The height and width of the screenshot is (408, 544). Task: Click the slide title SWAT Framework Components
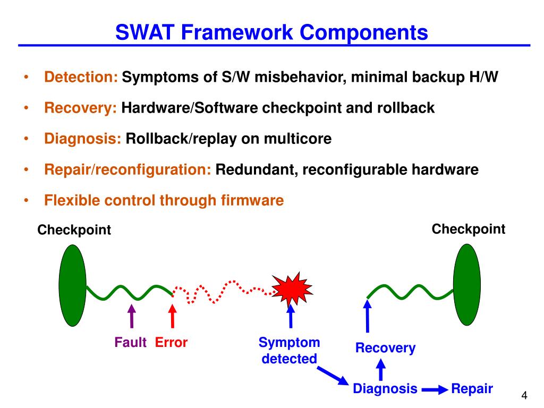pos(272,33)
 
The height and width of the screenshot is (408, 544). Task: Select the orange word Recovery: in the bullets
pos(81,108)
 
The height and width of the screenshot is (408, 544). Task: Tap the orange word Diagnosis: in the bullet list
pos(83,139)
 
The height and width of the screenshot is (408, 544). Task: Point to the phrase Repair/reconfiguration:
pos(127,170)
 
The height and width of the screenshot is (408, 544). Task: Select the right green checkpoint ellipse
pos(466,284)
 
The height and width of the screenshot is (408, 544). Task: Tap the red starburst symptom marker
pos(291,290)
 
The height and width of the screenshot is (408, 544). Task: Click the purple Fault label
pos(130,343)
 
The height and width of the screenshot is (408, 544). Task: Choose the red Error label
pos(171,343)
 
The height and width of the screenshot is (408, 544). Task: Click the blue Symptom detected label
pos(289,351)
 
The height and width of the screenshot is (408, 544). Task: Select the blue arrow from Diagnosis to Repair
pos(434,390)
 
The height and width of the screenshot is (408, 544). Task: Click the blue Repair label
pos(472,389)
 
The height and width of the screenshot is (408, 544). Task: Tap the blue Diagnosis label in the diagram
pos(385,389)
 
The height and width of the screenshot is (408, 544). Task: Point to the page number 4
pos(524,395)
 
